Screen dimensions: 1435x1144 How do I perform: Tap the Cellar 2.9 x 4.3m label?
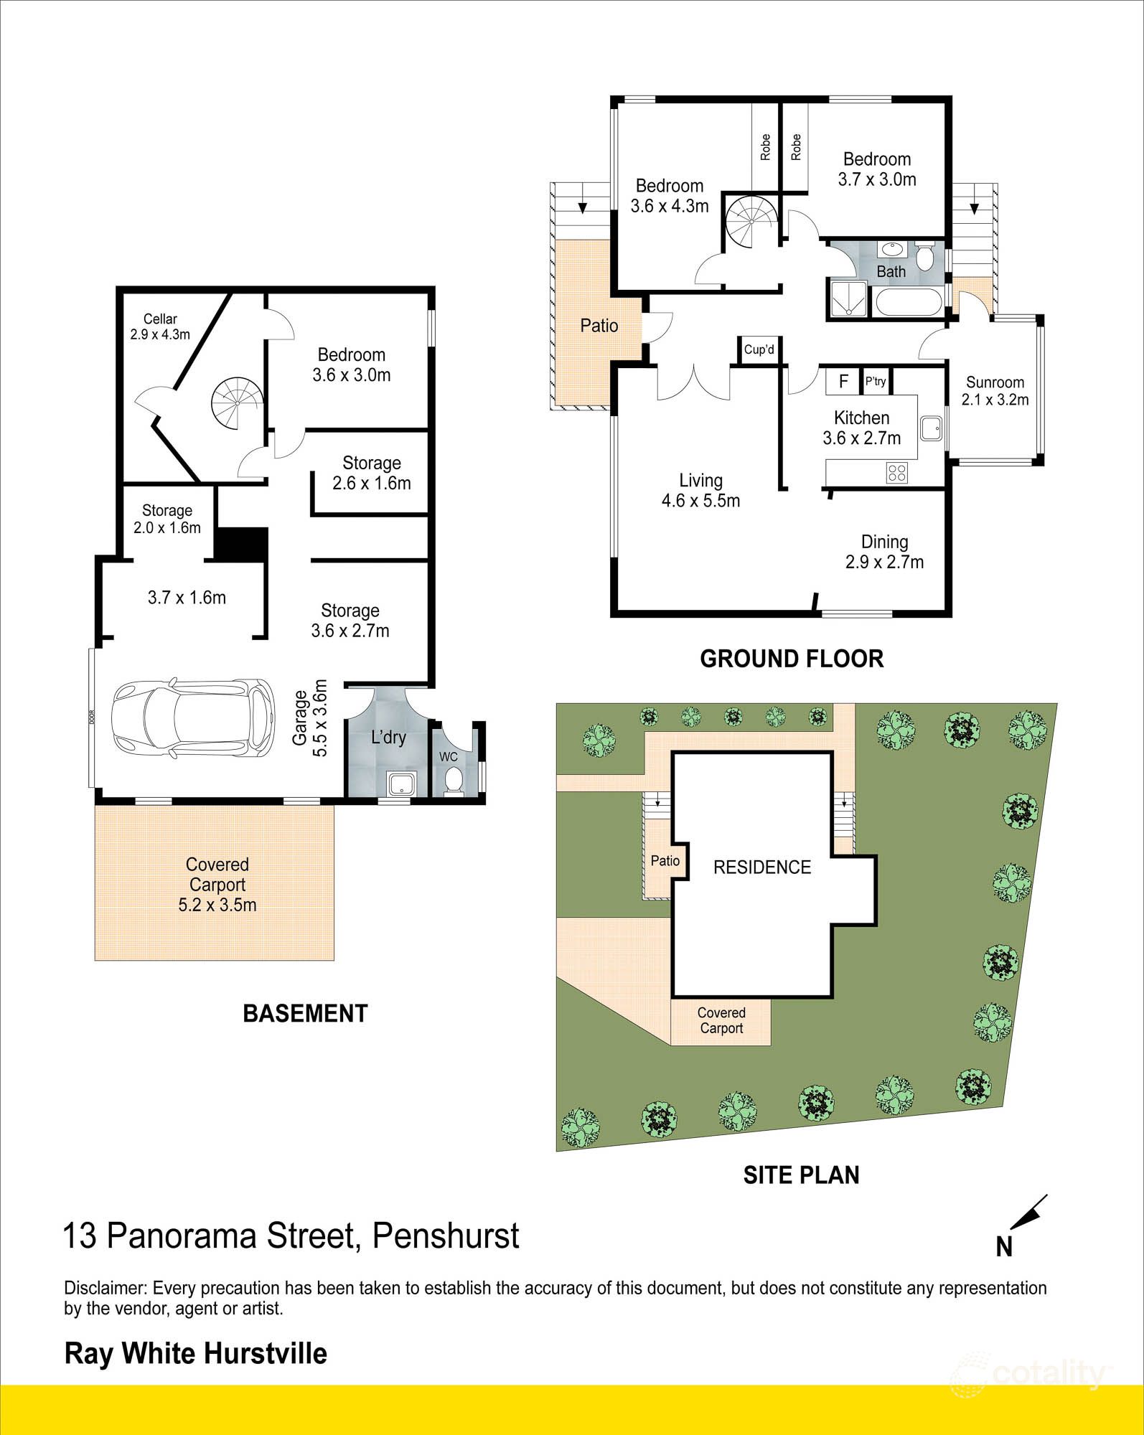click(x=159, y=326)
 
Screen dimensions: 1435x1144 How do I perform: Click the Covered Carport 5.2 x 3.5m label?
click(x=217, y=884)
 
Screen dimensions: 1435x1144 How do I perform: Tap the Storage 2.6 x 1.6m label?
click(x=371, y=473)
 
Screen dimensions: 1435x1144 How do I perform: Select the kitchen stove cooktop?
click(x=897, y=472)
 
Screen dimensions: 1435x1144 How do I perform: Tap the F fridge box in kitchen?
click(x=844, y=381)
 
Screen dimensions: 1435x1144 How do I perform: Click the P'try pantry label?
click(x=876, y=381)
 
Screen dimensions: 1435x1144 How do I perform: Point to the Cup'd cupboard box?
click(x=759, y=350)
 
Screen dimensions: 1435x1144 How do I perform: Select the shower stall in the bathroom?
click(x=848, y=298)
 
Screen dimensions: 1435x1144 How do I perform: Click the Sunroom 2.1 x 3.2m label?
click(x=995, y=391)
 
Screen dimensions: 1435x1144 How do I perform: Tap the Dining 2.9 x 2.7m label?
click(x=884, y=552)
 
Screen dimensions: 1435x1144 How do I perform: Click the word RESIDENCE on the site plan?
click(x=762, y=867)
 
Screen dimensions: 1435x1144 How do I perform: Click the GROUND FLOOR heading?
click(x=792, y=659)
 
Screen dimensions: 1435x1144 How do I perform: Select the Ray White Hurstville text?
click(x=196, y=1353)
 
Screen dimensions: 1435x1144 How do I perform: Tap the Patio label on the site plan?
click(x=665, y=860)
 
